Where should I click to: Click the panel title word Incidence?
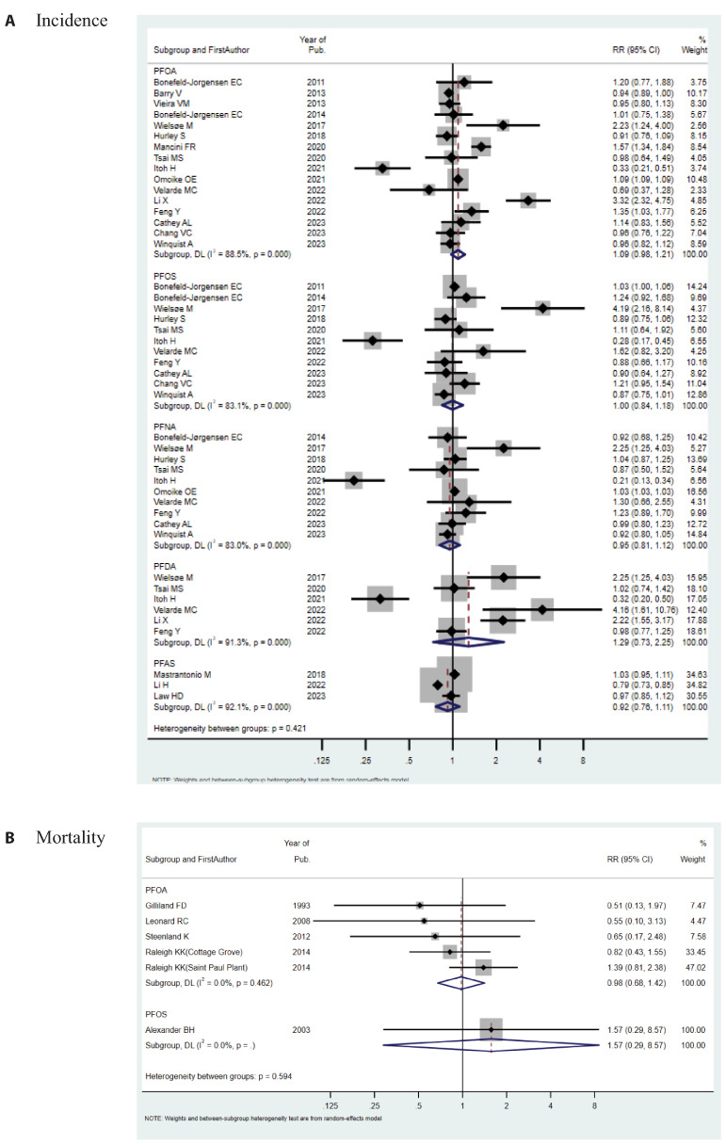point(72,20)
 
